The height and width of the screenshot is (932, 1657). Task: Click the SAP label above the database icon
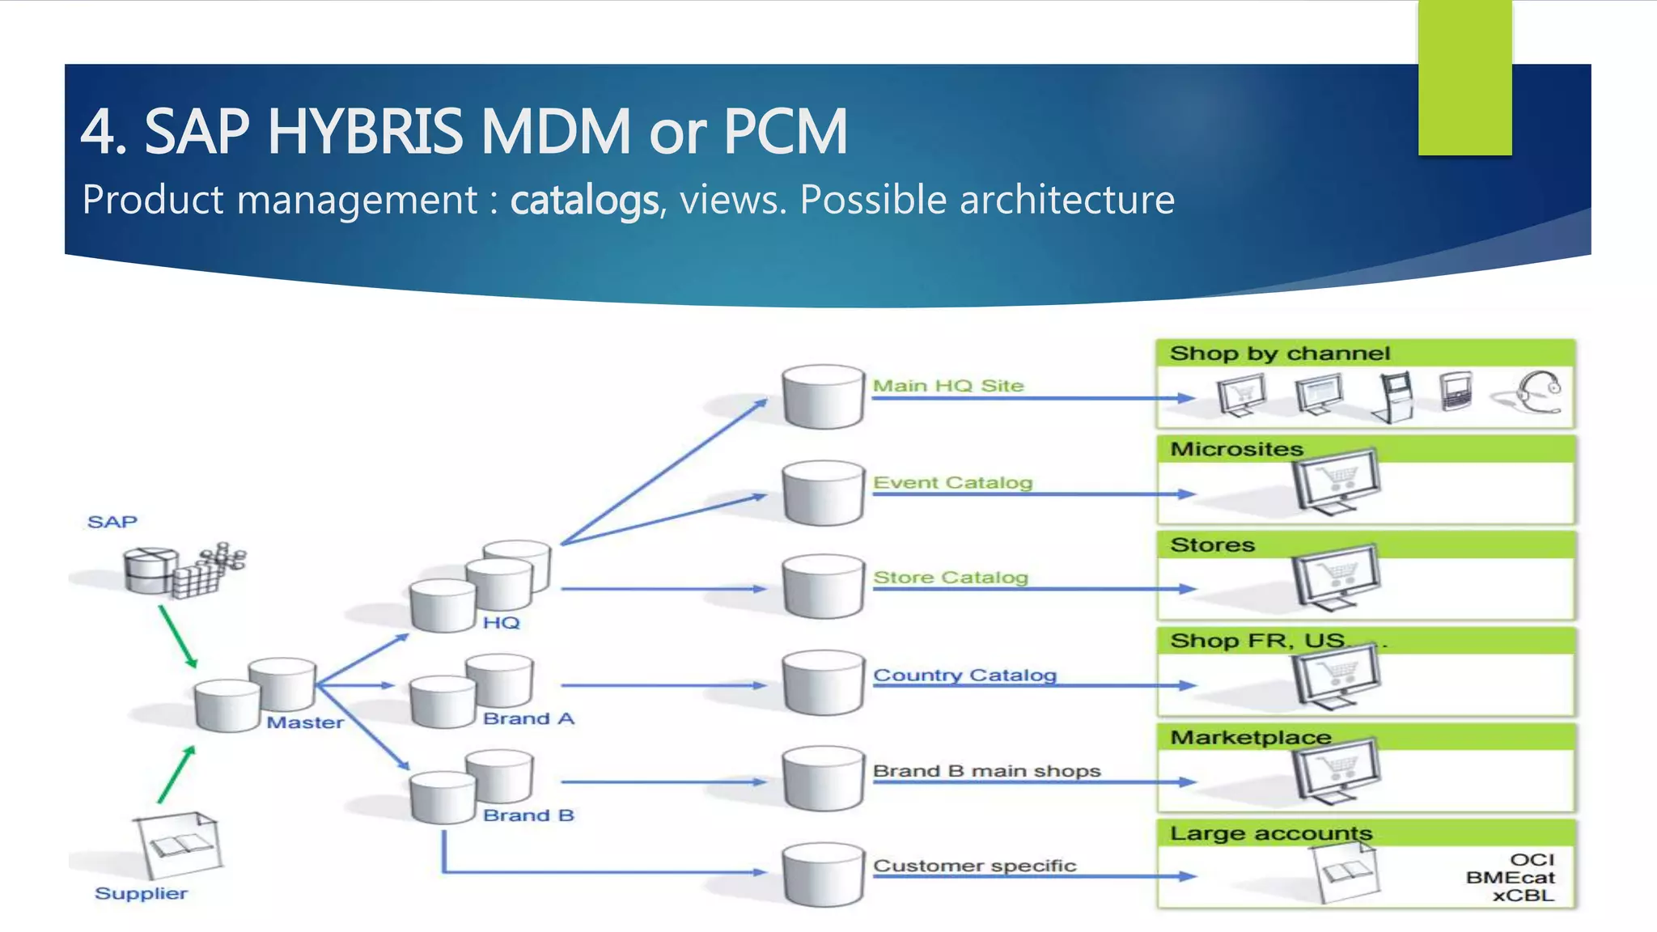tap(112, 522)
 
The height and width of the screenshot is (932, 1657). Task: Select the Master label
tap(305, 722)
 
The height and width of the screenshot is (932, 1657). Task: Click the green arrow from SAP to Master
tap(177, 637)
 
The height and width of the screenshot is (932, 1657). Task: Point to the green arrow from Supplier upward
tap(176, 774)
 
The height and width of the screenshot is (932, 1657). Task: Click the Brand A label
tap(528, 718)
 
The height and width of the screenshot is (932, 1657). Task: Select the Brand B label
tap(528, 815)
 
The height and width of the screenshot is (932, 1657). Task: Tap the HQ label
tap(501, 622)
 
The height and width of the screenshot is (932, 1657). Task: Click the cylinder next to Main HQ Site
tap(823, 396)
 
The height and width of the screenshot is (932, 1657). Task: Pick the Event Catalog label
tap(952, 482)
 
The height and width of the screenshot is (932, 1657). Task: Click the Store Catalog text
tap(950, 577)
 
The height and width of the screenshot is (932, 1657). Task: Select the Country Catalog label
tap(964, 675)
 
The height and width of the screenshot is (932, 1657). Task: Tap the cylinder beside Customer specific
tap(823, 875)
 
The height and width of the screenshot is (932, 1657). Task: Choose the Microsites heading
tap(1236, 449)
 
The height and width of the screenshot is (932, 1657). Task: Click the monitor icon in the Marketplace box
tap(1335, 771)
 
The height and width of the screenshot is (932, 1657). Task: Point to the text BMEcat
tap(1510, 877)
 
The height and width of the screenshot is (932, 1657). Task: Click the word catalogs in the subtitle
tap(584, 200)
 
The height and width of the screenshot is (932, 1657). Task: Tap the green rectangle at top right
tap(1464, 78)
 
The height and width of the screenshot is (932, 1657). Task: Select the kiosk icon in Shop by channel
tap(1394, 396)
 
